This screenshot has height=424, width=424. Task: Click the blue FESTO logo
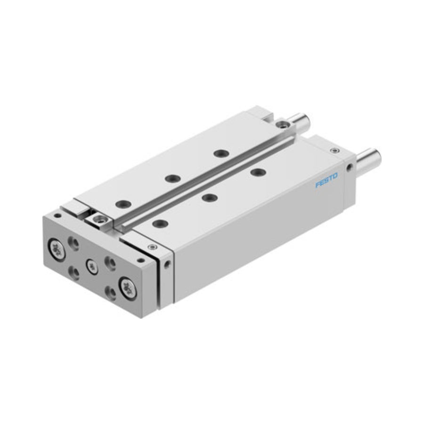[x=326, y=180]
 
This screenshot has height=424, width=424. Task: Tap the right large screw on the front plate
[x=128, y=288]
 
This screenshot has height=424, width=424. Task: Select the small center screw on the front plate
[x=91, y=266]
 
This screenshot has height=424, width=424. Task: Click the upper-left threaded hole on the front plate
[x=73, y=243]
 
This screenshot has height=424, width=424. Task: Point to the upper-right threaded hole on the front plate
[x=110, y=263]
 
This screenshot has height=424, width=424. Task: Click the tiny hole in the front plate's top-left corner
[x=57, y=216]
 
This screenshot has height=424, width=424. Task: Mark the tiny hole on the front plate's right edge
[x=140, y=261]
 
